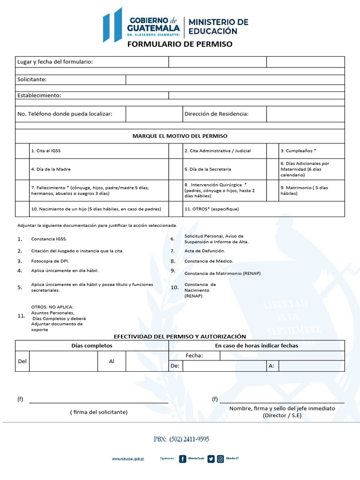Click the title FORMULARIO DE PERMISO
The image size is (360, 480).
coord(180,44)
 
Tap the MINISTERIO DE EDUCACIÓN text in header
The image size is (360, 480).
coord(218,27)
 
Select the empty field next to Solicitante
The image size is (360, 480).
coord(235,80)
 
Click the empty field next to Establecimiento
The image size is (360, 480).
coord(256,95)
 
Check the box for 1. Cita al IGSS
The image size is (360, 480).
coord(22,151)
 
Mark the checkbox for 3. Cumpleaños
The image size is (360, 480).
coord(272,151)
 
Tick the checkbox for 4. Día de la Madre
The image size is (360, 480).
coord(22,169)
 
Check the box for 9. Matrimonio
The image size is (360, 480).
coord(272,190)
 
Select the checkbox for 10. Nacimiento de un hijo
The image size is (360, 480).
coord(22,209)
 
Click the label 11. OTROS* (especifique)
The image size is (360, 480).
coord(211,209)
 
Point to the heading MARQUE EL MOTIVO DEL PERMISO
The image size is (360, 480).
coord(180,136)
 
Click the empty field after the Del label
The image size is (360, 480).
coord(63,361)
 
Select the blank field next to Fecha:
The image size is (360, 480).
coord(282,356)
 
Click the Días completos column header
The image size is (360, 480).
coord(92,345)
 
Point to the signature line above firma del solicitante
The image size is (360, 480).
coord(98,402)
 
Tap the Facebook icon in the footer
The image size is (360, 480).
coord(183,459)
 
